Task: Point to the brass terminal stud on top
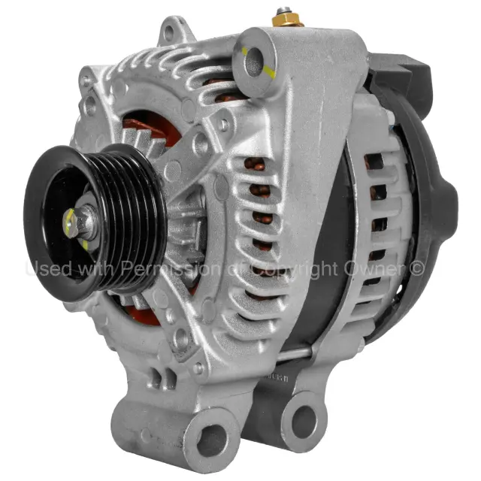coord(286,16)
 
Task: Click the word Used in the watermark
coord(50,268)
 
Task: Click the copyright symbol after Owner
coord(418,268)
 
